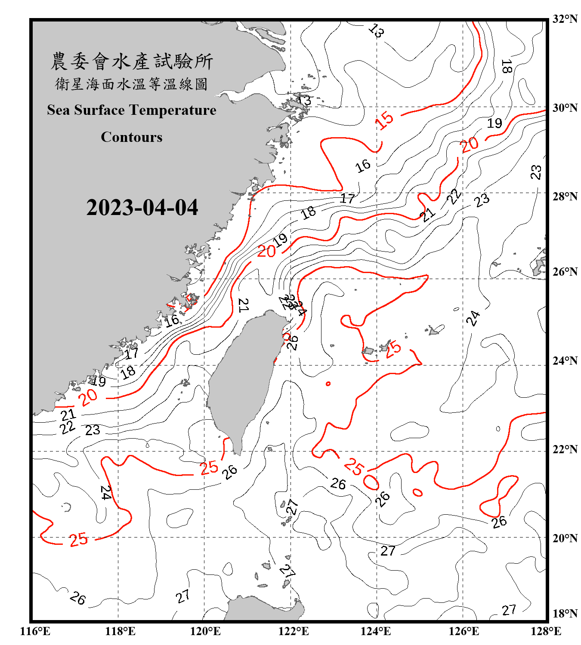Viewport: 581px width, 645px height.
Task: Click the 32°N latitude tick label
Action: (565, 19)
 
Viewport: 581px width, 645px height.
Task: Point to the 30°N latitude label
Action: (565, 108)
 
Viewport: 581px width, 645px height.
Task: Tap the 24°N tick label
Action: (565, 361)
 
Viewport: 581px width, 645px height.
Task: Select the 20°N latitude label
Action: (565, 538)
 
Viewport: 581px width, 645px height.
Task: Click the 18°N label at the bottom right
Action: (565, 614)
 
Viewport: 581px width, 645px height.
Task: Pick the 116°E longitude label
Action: (35, 631)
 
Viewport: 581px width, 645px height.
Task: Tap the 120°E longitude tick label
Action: (205, 631)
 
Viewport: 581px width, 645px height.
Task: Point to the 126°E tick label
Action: (464, 631)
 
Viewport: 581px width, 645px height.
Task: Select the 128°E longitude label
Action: (546, 631)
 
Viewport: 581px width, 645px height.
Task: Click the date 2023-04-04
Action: (142, 208)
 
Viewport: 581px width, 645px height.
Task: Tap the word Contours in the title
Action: (132, 137)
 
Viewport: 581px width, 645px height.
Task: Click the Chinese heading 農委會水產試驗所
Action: (132, 61)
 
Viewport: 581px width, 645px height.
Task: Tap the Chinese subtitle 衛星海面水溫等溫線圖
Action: (132, 84)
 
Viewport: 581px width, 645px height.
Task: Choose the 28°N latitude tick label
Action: (565, 197)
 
